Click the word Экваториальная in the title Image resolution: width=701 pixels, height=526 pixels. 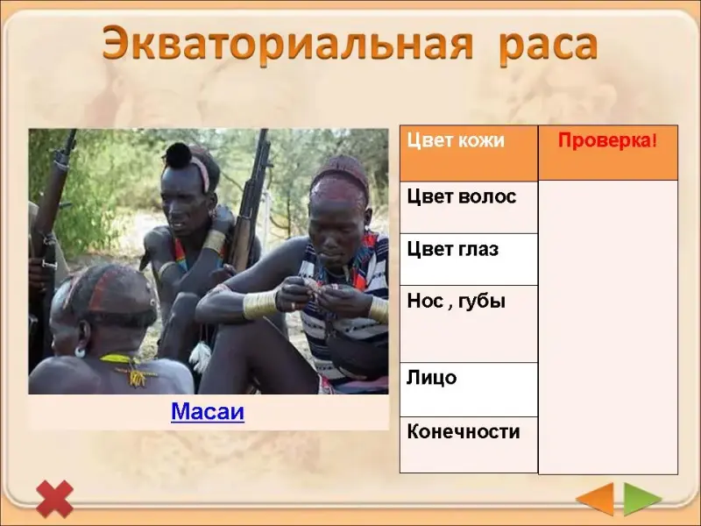(287, 43)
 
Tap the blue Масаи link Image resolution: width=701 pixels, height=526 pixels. (208, 411)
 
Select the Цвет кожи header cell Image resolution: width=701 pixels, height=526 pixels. (469, 153)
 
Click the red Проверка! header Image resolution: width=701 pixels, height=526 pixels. (607, 140)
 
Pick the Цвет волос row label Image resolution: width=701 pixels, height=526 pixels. (462, 196)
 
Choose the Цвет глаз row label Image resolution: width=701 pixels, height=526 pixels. (452, 249)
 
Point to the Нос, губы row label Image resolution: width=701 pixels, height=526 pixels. (456, 302)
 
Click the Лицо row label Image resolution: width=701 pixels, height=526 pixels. (431, 378)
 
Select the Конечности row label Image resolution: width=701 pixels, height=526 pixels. (464, 431)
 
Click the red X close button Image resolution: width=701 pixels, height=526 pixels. (54, 499)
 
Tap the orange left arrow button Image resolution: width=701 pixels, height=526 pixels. (595, 499)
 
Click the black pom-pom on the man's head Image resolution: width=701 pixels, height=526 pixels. (179, 155)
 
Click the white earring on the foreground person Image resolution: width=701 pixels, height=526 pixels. (80, 352)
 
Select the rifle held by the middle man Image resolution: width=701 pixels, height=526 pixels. (251, 202)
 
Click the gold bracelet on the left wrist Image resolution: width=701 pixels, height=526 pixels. (259, 304)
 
